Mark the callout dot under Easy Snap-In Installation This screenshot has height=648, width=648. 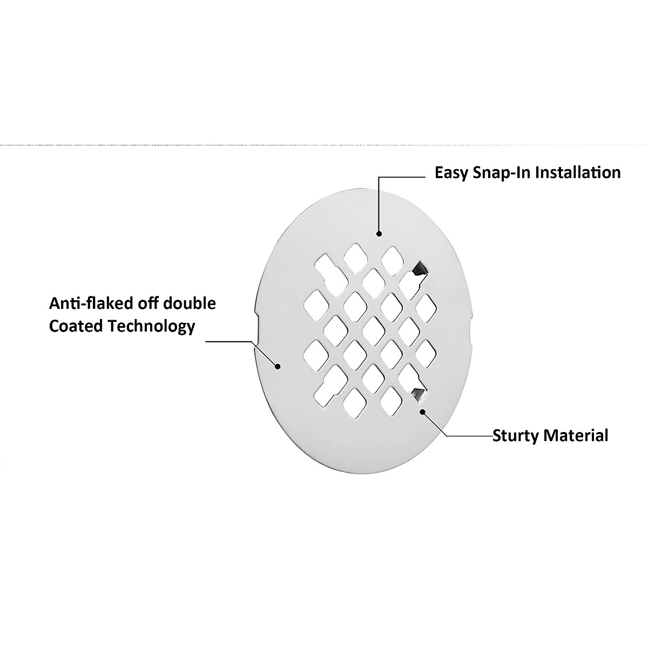[x=379, y=234]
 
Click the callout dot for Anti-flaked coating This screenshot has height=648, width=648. [x=278, y=367]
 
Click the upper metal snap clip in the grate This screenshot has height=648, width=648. [x=418, y=268]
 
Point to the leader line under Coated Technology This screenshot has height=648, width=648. [x=230, y=341]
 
